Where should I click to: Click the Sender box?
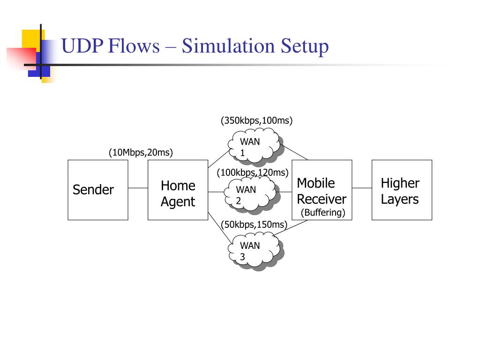click(x=97, y=190)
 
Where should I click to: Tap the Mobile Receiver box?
click(x=322, y=190)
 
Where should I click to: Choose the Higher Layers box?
click(x=402, y=190)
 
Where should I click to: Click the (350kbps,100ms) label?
click(x=256, y=121)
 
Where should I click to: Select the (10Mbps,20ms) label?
click(x=141, y=152)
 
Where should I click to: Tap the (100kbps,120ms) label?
click(x=252, y=172)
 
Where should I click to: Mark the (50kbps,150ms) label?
click(x=254, y=225)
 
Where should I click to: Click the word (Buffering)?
click(x=323, y=212)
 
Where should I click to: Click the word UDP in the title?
click(x=82, y=47)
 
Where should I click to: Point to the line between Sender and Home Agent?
click(x=138, y=188)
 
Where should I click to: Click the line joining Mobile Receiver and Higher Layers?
click(x=362, y=188)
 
